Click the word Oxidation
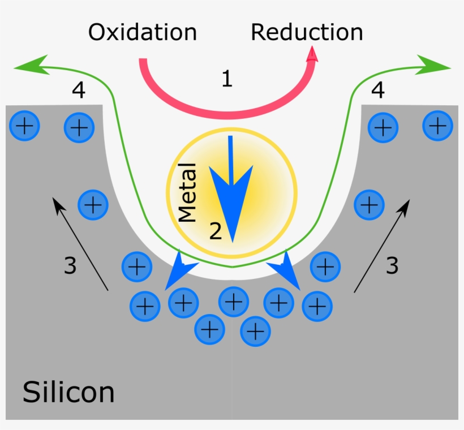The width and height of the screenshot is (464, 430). (142, 32)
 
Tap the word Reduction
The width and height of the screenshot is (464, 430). (307, 32)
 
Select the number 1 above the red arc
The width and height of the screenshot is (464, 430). (227, 79)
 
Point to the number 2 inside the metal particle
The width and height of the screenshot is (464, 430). (216, 231)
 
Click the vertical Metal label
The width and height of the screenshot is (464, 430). (187, 192)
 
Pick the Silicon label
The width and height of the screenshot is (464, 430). (68, 392)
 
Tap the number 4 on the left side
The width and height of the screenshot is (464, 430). (79, 89)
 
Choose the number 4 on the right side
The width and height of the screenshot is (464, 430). (377, 89)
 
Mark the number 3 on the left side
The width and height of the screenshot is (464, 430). (70, 265)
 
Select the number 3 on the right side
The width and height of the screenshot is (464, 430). (392, 265)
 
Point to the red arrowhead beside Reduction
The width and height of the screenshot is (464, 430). (312, 54)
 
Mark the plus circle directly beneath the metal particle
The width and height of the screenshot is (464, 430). (234, 302)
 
